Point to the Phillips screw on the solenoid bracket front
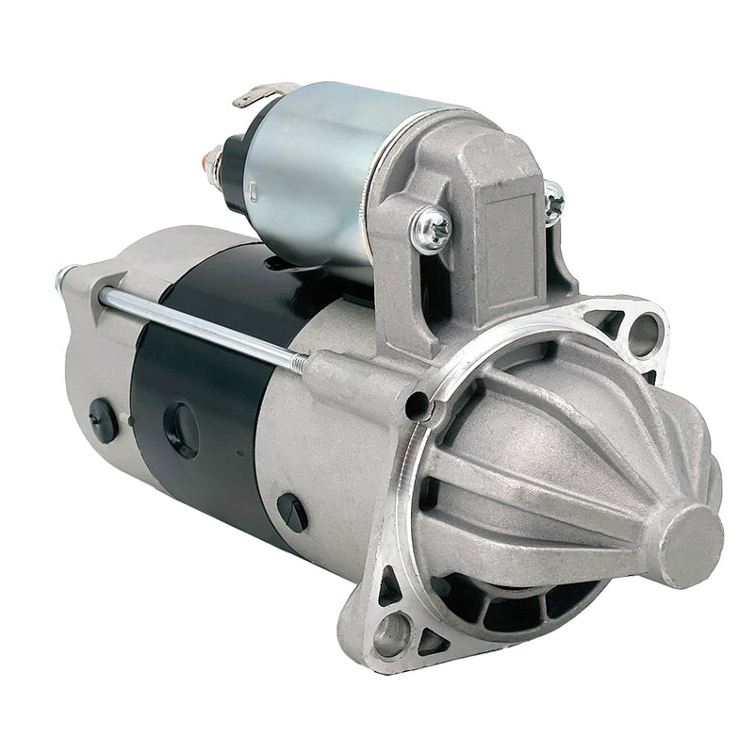pyautogui.click(x=432, y=229)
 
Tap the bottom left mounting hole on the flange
pyautogui.click(x=392, y=634)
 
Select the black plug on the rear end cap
pyautogui.click(x=103, y=419)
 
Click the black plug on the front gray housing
pyautogui.click(x=292, y=512)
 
